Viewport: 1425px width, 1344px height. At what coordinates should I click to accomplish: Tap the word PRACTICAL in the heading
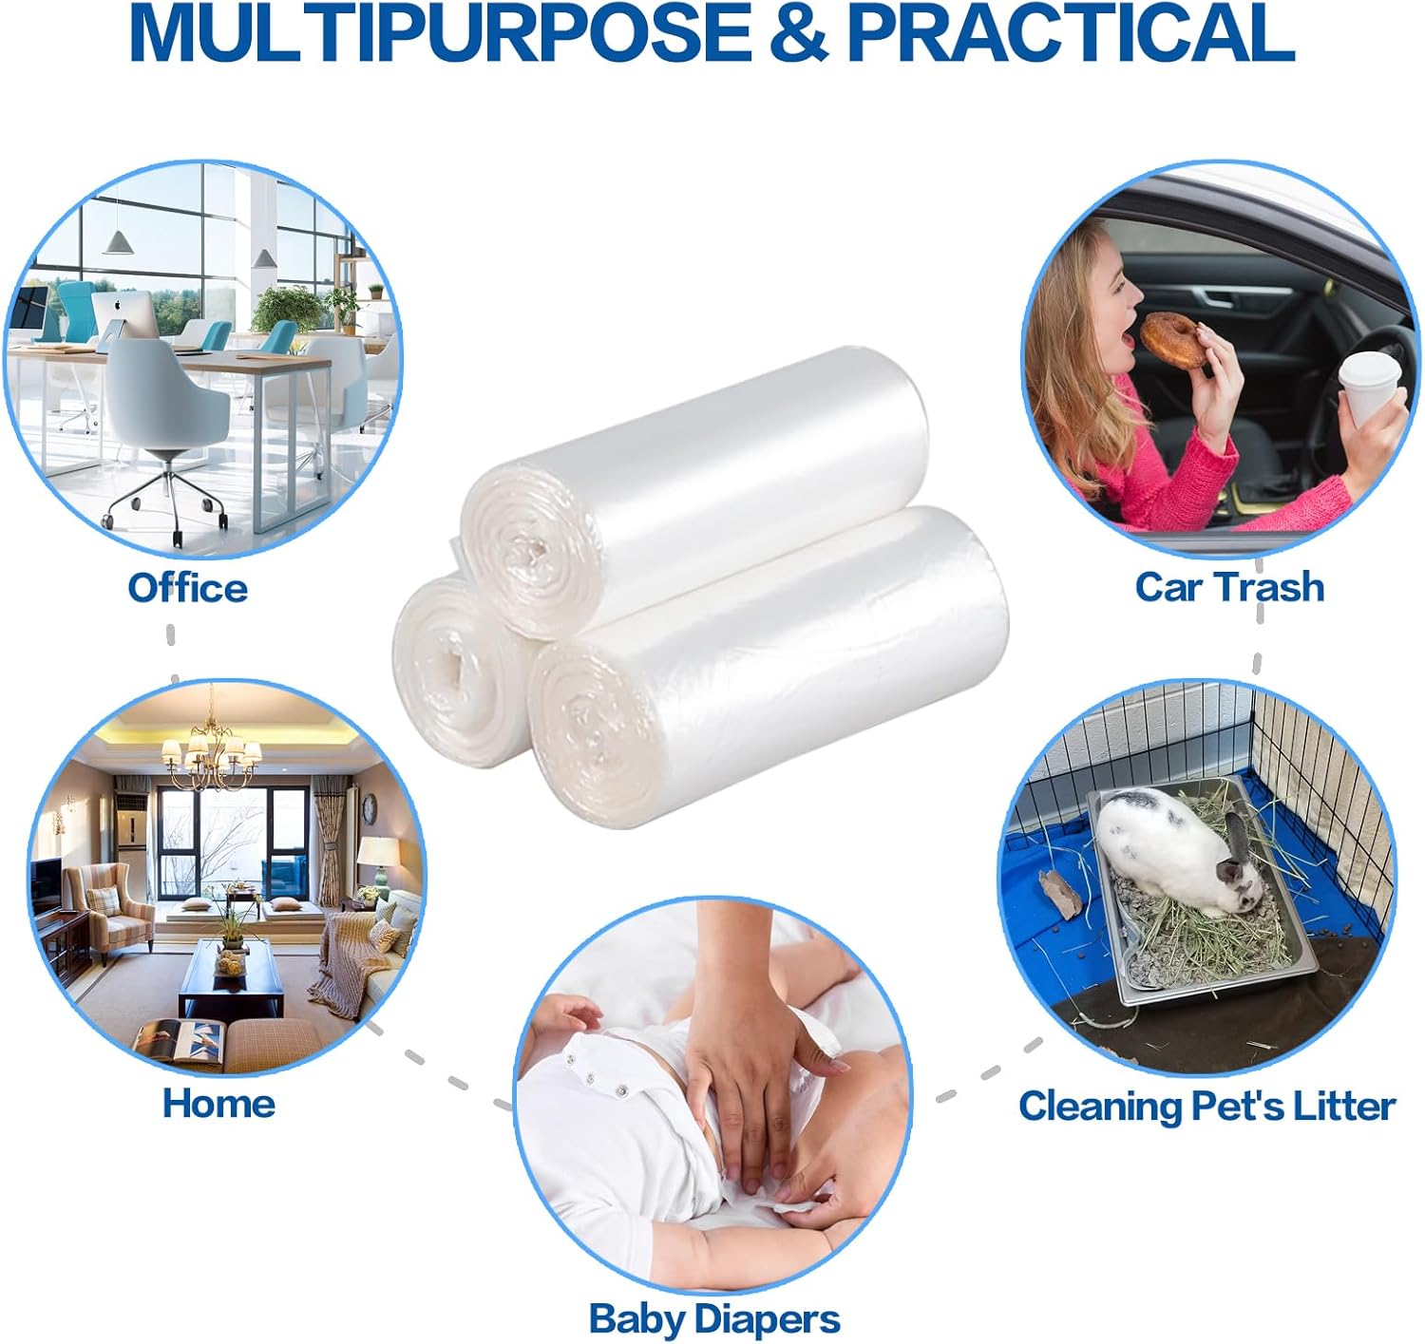point(1071,33)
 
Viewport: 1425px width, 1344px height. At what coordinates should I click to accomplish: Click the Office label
point(187,588)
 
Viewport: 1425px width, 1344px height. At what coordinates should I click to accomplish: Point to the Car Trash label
point(1229,586)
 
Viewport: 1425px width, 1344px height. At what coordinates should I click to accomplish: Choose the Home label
point(218,1104)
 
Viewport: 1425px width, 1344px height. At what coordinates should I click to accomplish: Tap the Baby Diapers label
point(714,1318)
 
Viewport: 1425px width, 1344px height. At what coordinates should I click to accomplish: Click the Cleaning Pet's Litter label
point(1206,1107)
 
